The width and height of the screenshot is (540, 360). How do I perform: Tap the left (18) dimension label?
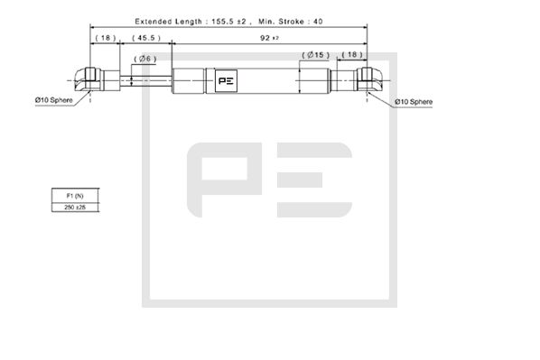(x=105, y=39)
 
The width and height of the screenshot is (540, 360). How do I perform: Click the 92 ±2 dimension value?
(x=266, y=39)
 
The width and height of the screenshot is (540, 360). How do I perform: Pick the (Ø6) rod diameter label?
(x=145, y=59)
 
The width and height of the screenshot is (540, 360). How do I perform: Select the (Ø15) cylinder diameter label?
(x=315, y=55)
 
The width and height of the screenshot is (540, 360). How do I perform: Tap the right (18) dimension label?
(x=352, y=55)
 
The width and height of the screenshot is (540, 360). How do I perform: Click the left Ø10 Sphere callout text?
(x=54, y=98)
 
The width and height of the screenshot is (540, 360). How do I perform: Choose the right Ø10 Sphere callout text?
(x=414, y=102)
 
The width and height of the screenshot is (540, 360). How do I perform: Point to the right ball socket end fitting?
(x=368, y=78)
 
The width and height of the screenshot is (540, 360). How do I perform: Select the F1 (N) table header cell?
(x=75, y=196)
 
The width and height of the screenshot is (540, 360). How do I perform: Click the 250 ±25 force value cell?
(x=75, y=208)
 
